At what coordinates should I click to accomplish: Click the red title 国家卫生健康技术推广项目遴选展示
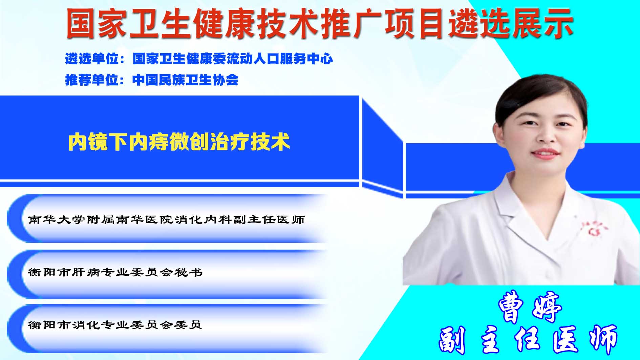pyautogui.click(x=319, y=23)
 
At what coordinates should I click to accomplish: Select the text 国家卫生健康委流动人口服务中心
pyautogui.click(x=233, y=59)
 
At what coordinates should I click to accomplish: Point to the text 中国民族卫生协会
pyautogui.click(x=186, y=80)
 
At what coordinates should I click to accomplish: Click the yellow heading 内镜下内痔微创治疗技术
pyautogui.click(x=179, y=142)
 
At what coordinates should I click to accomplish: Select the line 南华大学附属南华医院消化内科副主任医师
pyautogui.click(x=166, y=220)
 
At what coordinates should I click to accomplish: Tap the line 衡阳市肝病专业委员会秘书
pyautogui.click(x=115, y=272)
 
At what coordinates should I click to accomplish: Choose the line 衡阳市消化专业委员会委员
pyautogui.click(x=115, y=325)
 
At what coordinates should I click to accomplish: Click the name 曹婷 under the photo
pyautogui.click(x=530, y=306)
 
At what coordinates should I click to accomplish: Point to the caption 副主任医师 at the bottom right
pyautogui.click(x=528, y=339)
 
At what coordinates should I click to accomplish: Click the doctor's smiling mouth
pyautogui.click(x=545, y=154)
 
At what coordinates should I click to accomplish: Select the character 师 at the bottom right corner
pyautogui.click(x=603, y=339)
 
